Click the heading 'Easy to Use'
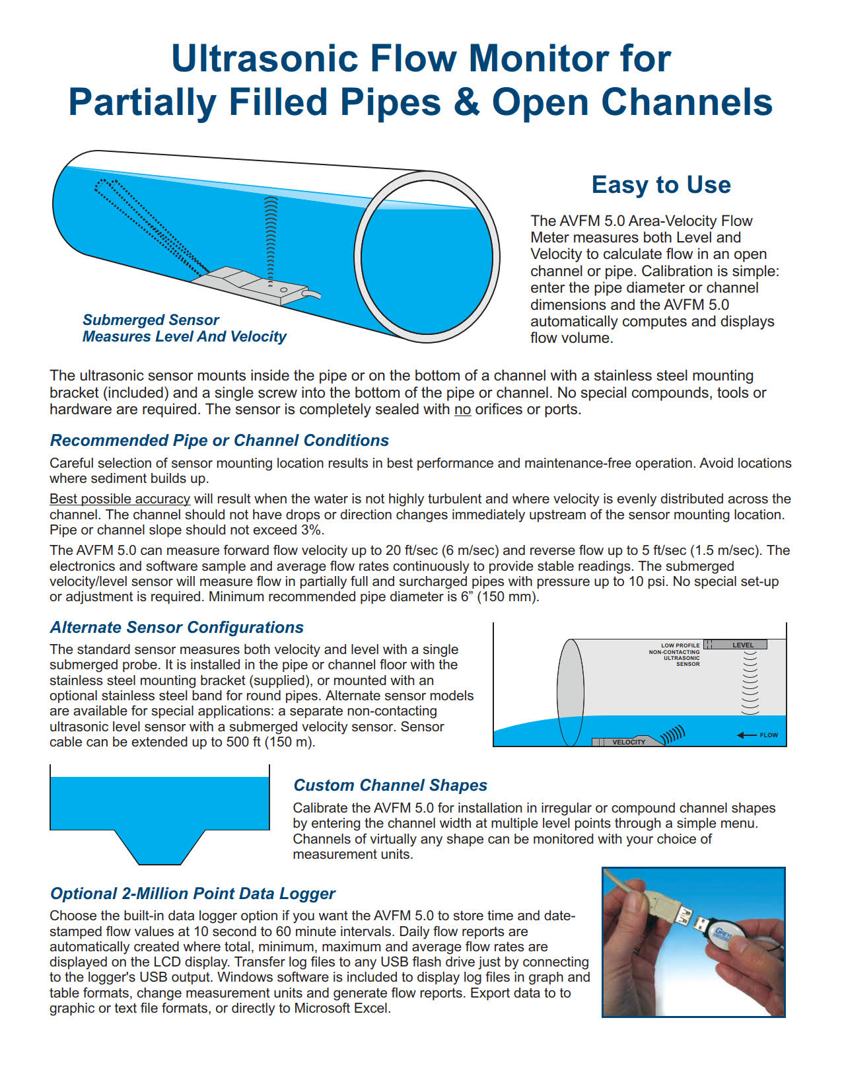click(x=661, y=185)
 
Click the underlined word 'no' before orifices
click(x=462, y=410)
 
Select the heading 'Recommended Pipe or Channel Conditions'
click(x=219, y=441)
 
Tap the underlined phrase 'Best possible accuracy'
click(x=120, y=499)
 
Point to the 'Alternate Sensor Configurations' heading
click(x=177, y=628)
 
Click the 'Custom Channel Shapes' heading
click(x=390, y=785)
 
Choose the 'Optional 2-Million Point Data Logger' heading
click(x=193, y=894)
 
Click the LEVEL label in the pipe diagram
click(x=742, y=645)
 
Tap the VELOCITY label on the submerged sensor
click(x=628, y=742)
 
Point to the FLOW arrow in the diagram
click(x=757, y=735)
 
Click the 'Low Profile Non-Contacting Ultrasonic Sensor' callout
click(x=675, y=655)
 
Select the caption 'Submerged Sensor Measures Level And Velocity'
click(x=184, y=328)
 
